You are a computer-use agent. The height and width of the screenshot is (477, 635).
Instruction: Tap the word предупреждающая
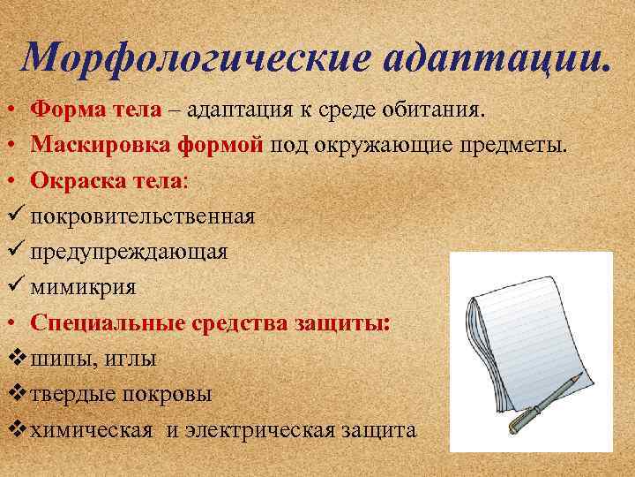[129, 252]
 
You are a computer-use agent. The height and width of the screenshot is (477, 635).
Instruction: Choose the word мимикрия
[83, 286]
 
